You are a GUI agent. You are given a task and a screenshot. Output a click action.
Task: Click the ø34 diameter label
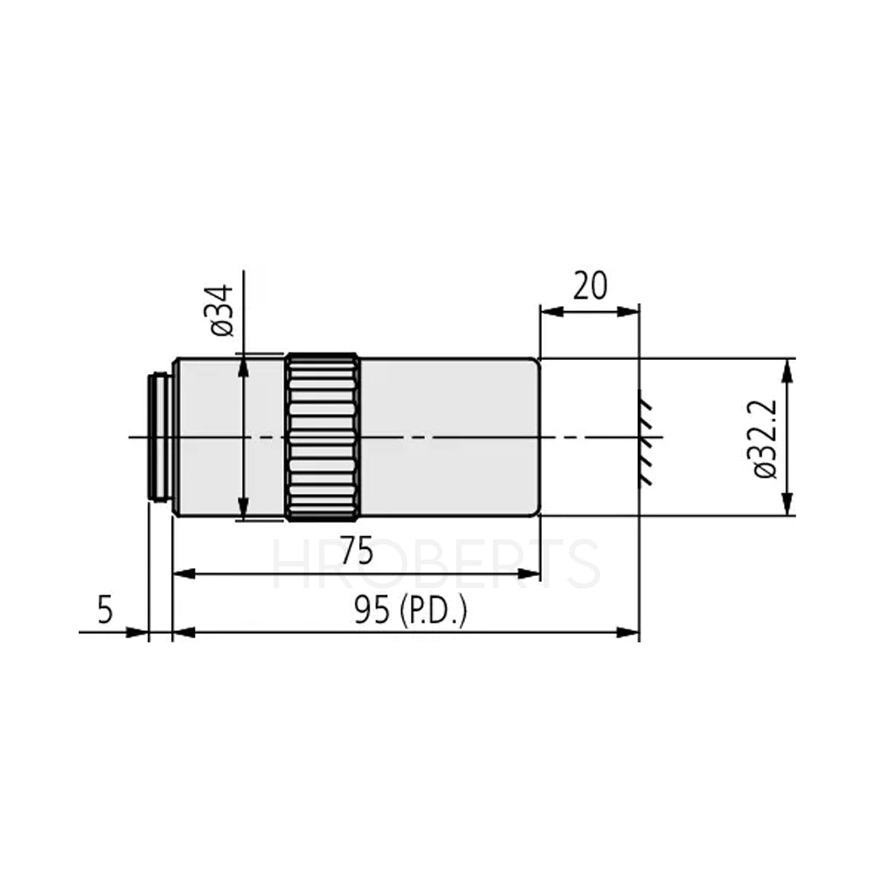[x=221, y=310]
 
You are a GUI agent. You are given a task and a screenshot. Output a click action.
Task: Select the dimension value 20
[x=590, y=286]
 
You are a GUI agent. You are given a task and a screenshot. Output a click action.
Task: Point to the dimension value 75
[x=356, y=552]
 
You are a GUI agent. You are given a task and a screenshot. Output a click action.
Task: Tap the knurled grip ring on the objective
[x=323, y=436]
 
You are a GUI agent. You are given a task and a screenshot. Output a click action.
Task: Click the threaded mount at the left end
[x=160, y=437]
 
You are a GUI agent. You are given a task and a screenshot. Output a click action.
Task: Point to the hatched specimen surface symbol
[x=648, y=437]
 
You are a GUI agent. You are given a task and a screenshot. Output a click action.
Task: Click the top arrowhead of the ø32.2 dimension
[x=787, y=368]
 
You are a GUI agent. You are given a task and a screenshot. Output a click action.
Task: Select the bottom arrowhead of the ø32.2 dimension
[x=787, y=506]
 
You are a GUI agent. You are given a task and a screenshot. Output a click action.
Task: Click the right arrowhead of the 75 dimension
[x=531, y=574]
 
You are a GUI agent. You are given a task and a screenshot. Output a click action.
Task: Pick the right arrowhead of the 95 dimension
[x=630, y=631]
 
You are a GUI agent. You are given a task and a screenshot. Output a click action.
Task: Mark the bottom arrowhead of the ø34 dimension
[x=244, y=510]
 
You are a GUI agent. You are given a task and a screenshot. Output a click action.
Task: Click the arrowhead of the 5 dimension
[x=139, y=631]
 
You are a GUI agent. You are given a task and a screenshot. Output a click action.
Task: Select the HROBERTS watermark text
[x=437, y=565]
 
